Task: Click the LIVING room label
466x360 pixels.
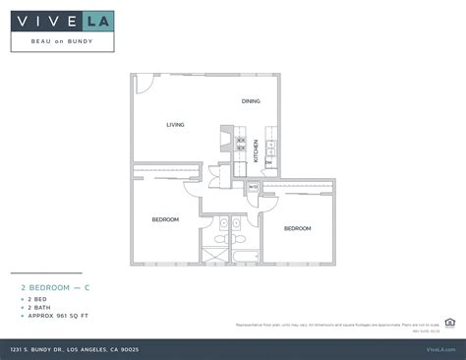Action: (175, 125)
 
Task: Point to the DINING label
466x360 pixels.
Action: (251, 101)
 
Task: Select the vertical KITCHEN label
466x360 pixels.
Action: (256, 150)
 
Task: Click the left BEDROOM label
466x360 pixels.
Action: (165, 219)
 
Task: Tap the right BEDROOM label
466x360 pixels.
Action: (297, 228)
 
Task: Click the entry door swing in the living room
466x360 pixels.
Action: (143, 83)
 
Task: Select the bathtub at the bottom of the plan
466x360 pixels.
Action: (239, 255)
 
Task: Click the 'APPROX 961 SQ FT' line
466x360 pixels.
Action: (56, 315)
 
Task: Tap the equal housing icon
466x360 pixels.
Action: (449, 321)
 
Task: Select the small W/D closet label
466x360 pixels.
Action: (253, 187)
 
